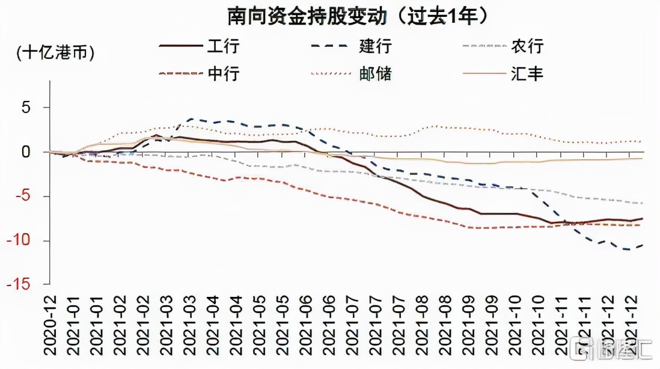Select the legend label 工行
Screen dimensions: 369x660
[224, 46]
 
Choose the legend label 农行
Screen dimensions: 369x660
[527, 46]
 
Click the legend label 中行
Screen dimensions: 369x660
[224, 74]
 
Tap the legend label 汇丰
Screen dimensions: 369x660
[527, 74]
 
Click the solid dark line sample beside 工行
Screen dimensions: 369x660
[180, 46]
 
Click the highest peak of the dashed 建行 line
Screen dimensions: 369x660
[191, 119]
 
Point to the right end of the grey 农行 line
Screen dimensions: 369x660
[642, 203]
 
